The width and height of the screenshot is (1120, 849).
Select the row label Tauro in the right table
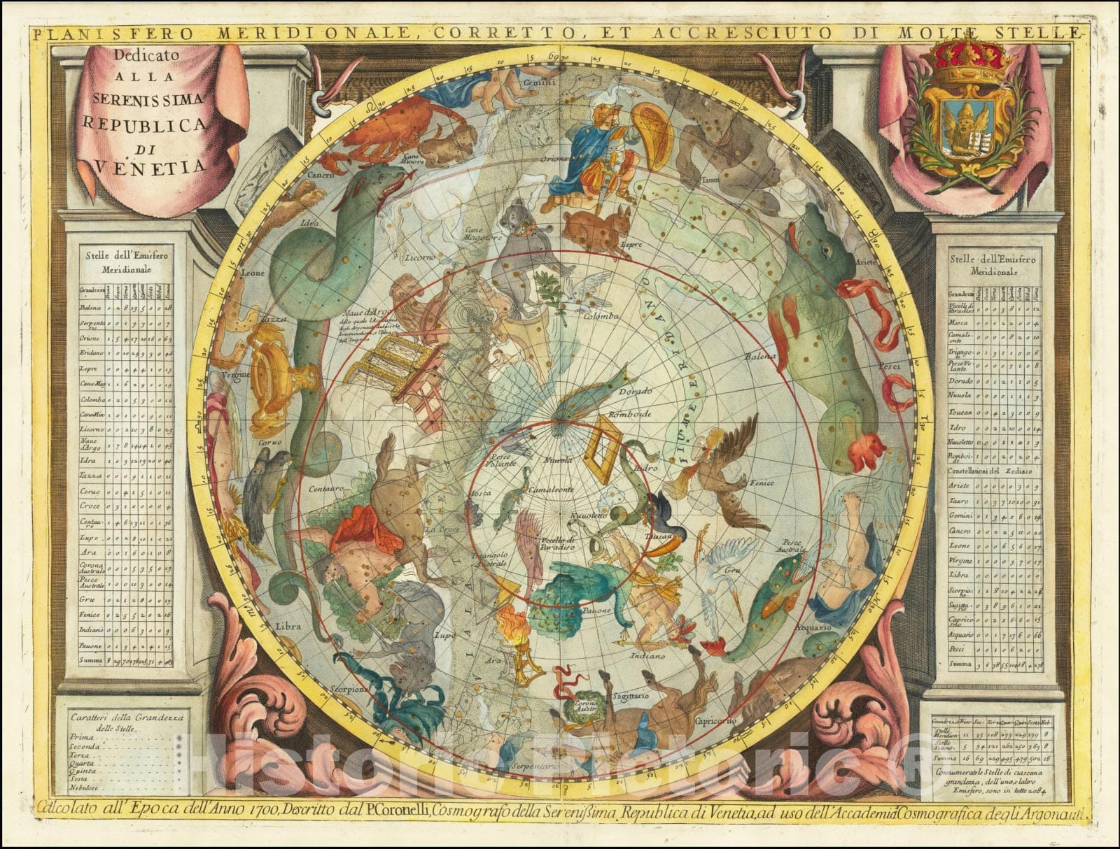(960, 502)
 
